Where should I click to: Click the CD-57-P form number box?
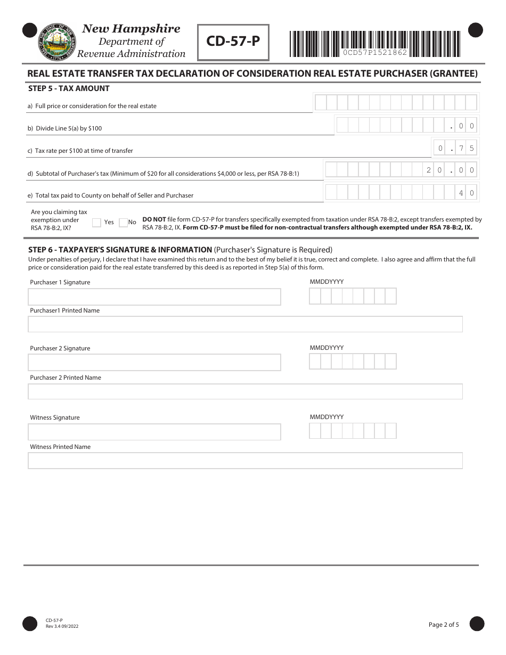(233, 42)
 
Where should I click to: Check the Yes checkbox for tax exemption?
(96, 223)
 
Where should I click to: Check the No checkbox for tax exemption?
(123, 223)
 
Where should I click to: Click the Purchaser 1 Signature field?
(154, 297)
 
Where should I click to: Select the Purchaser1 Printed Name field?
(245, 324)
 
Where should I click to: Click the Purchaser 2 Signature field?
(154, 363)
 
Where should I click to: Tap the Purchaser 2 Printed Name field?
(245, 391)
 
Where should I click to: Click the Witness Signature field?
(154, 432)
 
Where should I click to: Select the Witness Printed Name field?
(245, 461)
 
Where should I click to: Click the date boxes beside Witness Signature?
(353, 431)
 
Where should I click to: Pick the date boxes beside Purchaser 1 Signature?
(353, 296)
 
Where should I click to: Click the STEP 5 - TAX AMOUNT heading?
(69, 88)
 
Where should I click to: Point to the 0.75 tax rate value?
(455, 148)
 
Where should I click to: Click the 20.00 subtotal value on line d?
(450, 170)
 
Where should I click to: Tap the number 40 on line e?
(466, 193)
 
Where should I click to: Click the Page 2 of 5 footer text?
(443, 625)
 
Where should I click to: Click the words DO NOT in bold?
(154, 219)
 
